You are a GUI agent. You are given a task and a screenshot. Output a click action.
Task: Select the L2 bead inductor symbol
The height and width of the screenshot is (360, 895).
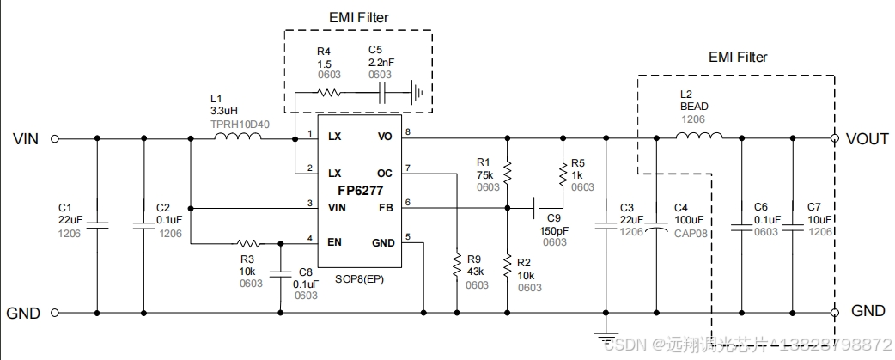tap(703, 137)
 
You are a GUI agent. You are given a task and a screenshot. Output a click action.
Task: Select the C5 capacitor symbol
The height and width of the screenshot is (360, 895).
tap(384, 94)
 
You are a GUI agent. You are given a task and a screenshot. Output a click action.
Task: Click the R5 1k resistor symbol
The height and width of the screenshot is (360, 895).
tap(563, 174)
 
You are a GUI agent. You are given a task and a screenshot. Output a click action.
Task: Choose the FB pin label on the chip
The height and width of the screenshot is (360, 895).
tap(385, 207)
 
